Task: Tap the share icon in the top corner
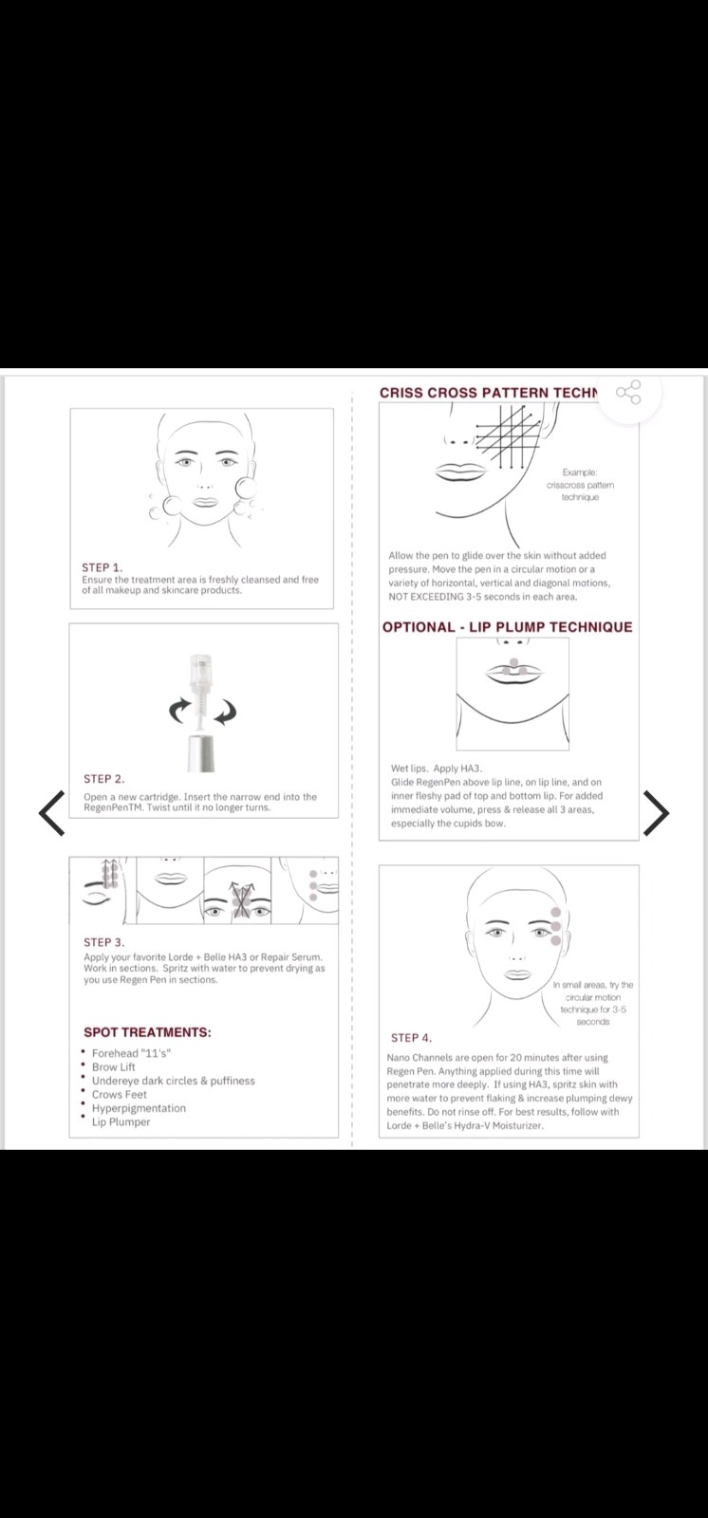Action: tap(628, 393)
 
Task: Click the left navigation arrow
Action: tap(51, 812)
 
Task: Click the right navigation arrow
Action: tap(656, 812)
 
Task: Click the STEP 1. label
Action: tap(102, 567)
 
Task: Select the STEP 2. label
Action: tap(103, 779)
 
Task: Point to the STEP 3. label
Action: tap(103, 942)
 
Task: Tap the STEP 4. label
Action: tap(411, 1038)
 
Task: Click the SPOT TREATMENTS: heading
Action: tap(147, 1032)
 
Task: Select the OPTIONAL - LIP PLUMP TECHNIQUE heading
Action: tap(507, 627)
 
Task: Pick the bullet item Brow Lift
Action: tap(113, 1066)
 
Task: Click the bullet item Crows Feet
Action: tap(119, 1095)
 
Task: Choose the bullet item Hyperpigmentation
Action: tap(139, 1108)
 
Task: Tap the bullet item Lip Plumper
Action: tap(121, 1122)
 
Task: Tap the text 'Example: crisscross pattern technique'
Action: tap(580, 485)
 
